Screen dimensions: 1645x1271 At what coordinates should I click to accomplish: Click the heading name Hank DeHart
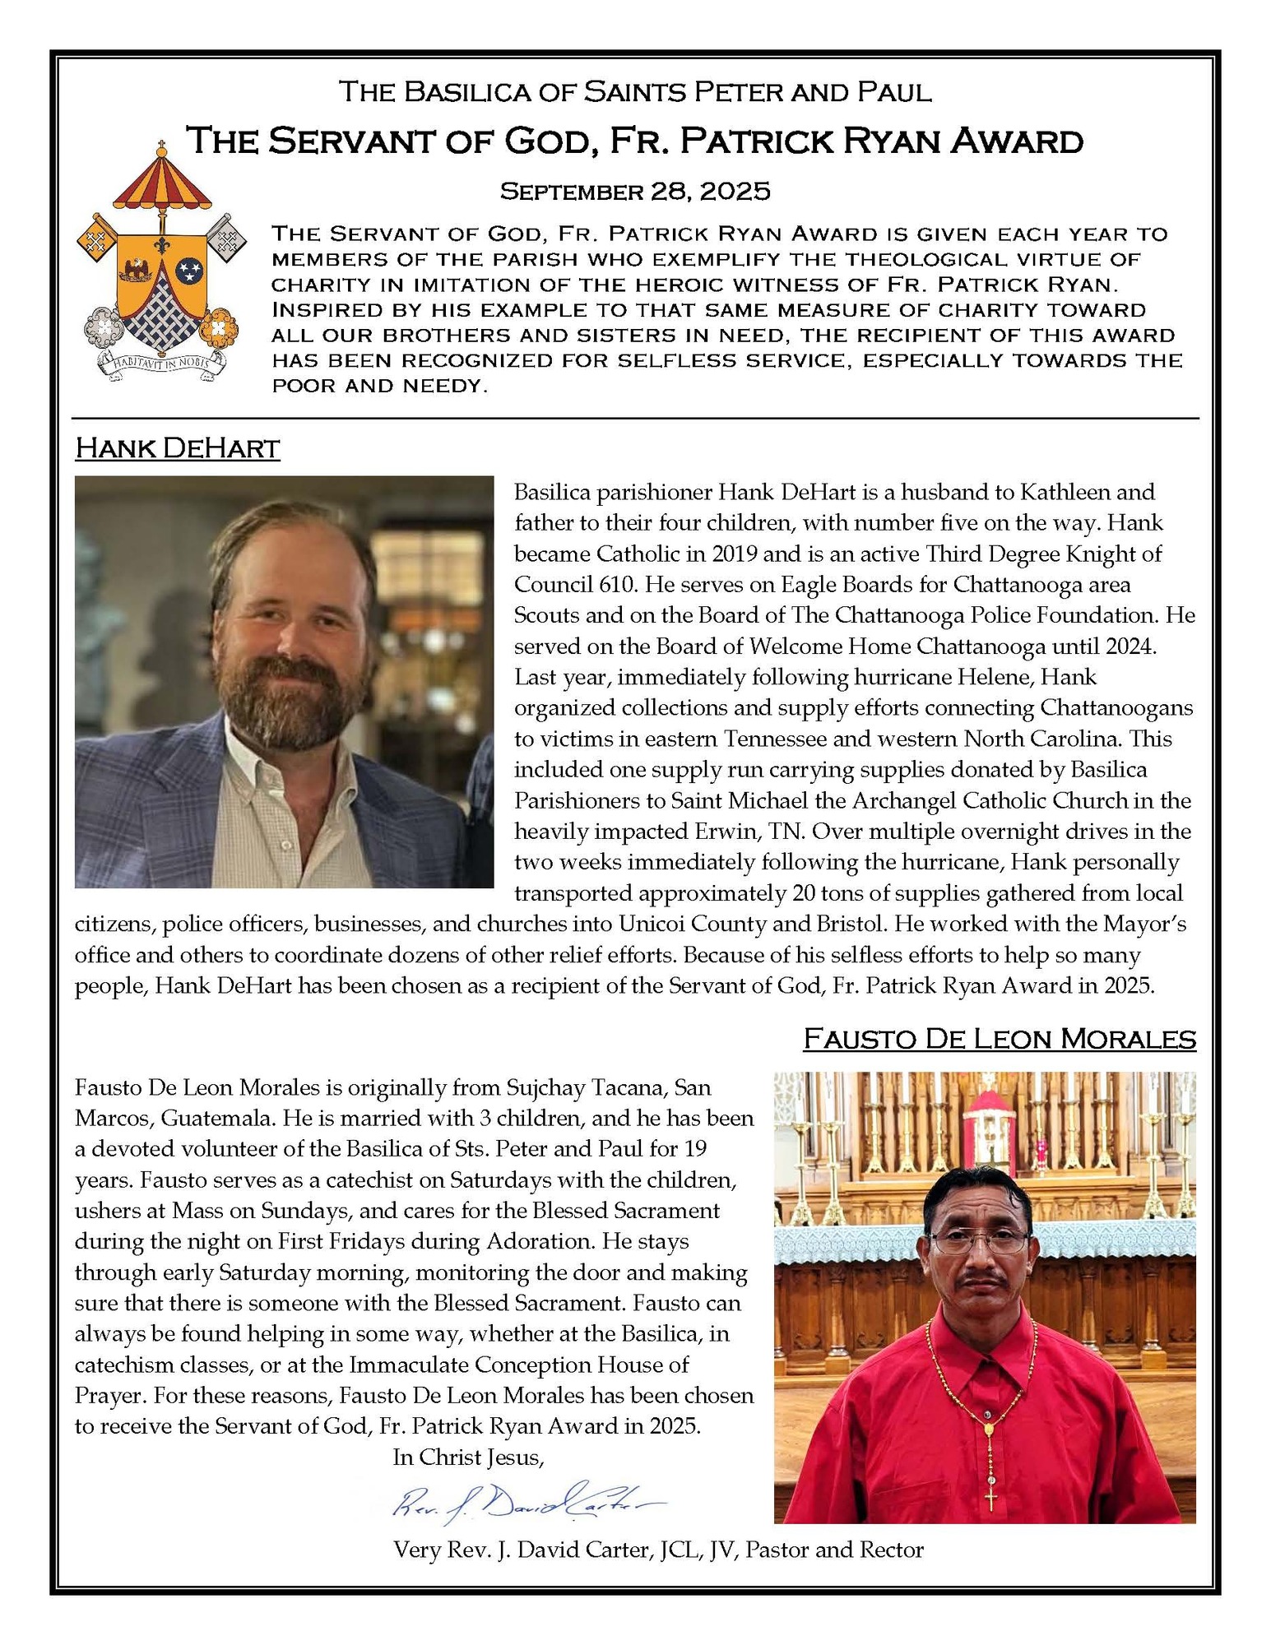tap(177, 448)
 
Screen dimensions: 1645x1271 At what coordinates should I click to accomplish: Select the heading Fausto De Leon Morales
tap(999, 1039)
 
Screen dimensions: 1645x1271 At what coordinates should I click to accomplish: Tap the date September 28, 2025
tap(635, 192)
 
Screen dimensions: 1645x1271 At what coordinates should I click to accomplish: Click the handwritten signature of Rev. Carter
tap(526, 1503)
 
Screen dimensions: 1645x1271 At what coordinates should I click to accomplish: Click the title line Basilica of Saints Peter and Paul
tap(635, 91)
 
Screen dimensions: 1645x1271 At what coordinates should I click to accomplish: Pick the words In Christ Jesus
tap(469, 1457)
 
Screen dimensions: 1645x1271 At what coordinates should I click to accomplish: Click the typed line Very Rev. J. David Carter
tap(658, 1550)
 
